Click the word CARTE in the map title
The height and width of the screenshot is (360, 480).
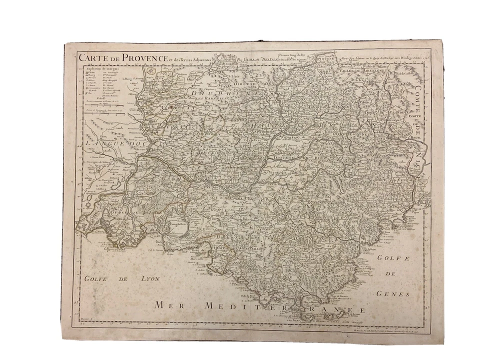click(x=88, y=56)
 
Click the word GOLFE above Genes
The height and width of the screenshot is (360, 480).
click(x=393, y=258)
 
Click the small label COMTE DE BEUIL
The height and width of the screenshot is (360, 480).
click(x=412, y=119)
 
